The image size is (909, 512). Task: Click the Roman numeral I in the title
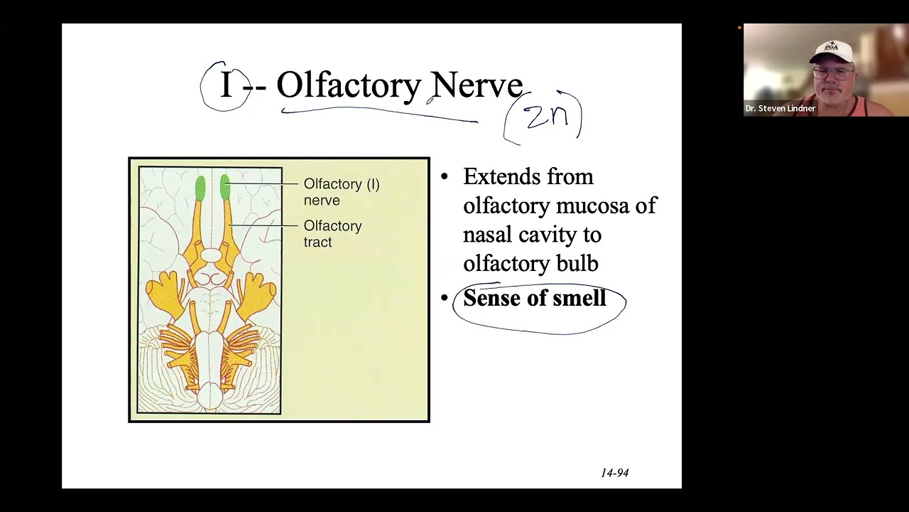pos(226,85)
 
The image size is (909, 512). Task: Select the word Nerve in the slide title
pos(477,85)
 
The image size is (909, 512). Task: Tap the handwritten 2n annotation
pos(547,117)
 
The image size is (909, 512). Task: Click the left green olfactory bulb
pos(200,188)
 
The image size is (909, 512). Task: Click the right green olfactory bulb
pos(225,188)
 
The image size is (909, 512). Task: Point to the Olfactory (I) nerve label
pos(341,192)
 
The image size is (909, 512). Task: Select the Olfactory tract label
pos(332,233)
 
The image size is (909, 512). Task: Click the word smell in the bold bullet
pos(579,299)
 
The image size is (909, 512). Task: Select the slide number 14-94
pos(614,473)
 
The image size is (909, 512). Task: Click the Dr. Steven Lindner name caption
pos(780,109)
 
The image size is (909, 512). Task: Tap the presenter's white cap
pos(831,51)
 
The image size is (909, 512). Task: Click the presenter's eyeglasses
pos(832,72)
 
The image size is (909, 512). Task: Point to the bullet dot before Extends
pos(445,177)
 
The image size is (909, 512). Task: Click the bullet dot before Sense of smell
pos(445,299)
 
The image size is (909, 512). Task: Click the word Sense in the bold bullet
pos(491,299)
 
